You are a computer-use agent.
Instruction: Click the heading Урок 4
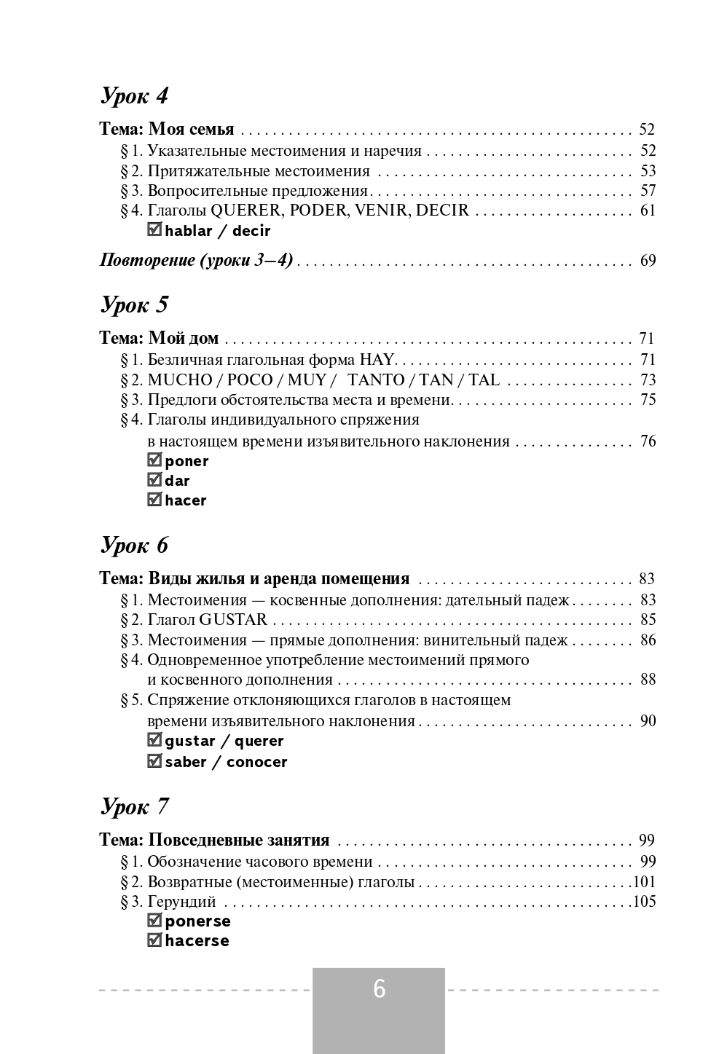[x=134, y=95]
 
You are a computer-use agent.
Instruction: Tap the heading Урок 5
[x=134, y=304]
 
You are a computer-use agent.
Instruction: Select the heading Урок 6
[x=134, y=545]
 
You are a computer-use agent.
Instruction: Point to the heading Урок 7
[x=134, y=806]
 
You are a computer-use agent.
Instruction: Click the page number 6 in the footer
[x=379, y=989]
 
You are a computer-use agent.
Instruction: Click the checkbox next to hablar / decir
[x=154, y=230]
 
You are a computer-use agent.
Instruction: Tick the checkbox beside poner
[x=154, y=460]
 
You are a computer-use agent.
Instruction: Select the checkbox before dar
[x=154, y=480]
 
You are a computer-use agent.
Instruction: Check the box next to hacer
[x=154, y=500]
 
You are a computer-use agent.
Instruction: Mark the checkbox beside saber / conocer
[x=154, y=761]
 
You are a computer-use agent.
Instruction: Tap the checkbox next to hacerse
[x=154, y=940]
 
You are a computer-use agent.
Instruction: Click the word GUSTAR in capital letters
[x=233, y=620]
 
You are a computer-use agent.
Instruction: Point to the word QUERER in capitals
[x=245, y=211]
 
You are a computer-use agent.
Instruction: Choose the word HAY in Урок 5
[x=376, y=360]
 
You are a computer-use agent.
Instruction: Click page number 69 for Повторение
[x=648, y=261]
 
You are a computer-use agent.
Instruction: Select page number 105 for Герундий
[x=645, y=902]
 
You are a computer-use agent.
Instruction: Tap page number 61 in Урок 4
[x=648, y=211]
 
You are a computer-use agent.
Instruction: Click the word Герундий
[x=181, y=902]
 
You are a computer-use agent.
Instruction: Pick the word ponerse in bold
[x=197, y=921]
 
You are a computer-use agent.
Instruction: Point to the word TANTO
[x=376, y=380]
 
